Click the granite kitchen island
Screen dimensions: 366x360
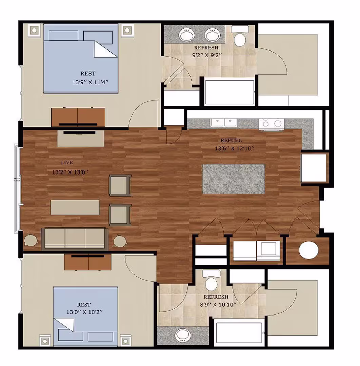coord(233,179)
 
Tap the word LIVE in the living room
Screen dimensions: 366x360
coord(67,163)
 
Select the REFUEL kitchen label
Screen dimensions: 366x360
coord(231,140)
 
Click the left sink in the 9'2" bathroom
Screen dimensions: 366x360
coord(186,35)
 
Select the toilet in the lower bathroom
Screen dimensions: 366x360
coord(211,281)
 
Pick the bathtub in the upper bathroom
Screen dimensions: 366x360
coord(229,92)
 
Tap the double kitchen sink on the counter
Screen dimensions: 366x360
coord(223,123)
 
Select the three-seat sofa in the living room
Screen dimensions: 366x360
coord(75,238)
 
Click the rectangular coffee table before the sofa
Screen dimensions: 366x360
coord(75,207)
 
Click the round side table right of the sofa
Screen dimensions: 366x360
coord(120,241)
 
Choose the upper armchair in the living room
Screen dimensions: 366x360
coord(120,185)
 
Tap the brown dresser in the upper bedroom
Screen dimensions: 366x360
coord(78,117)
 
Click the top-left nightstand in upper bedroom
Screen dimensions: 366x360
coord(34,30)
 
